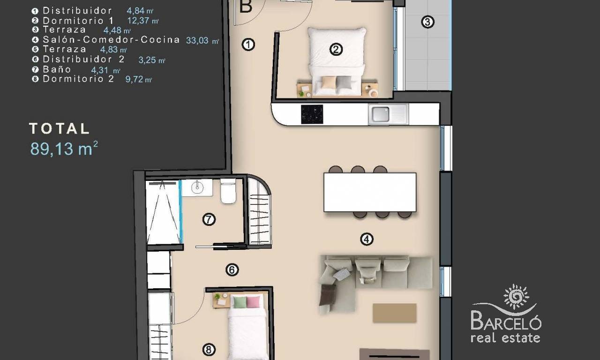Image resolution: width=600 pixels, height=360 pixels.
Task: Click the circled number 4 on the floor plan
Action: click(367, 239)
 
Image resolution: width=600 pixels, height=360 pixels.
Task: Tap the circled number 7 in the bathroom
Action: click(209, 219)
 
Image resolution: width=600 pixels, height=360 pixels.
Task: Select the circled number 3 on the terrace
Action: click(427, 22)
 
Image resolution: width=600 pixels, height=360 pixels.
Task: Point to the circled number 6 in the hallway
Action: click(232, 270)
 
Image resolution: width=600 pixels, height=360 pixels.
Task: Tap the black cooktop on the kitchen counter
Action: click(312, 114)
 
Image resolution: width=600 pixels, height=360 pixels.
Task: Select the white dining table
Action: click(370, 192)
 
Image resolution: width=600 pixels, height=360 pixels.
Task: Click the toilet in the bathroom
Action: click(228, 191)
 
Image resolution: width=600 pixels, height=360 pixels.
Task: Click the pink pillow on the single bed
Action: click(253, 302)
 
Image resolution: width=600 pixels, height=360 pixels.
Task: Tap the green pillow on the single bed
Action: click(240, 302)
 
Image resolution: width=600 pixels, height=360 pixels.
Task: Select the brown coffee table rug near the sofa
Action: click(394, 313)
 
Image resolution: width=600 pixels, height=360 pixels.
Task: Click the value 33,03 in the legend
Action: click(197, 40)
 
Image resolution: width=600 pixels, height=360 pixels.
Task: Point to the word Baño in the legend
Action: click(57, 69)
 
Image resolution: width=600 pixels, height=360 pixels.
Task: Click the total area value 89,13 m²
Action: click(64, 149)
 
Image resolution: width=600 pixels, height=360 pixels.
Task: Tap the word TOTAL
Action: click(59, 128)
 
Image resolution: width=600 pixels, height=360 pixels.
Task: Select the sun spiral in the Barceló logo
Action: click(516, 297)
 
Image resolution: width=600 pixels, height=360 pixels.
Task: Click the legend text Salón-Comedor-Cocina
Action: click(111, 40)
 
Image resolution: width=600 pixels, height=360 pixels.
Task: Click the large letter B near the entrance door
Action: click(246, 7)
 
